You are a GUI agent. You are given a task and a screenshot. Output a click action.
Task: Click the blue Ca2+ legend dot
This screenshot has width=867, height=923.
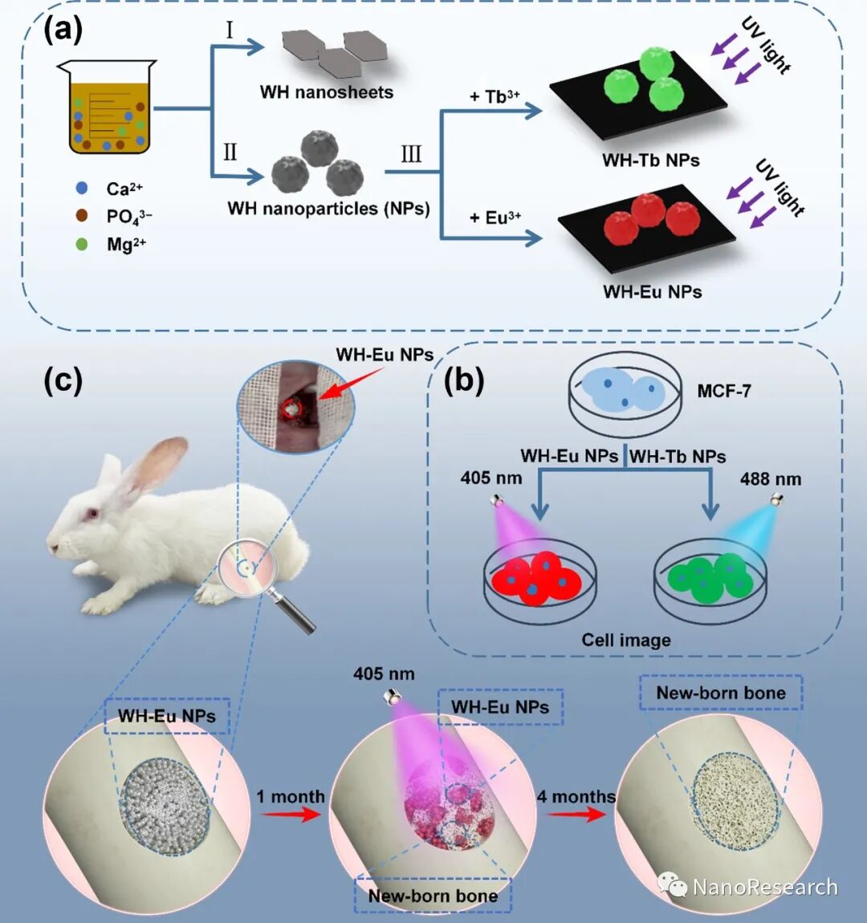[81, 189]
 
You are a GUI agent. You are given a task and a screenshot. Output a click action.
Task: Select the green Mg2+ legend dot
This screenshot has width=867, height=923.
[81, 244]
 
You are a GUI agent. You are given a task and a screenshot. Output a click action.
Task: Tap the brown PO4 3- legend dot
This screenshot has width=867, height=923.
[81, 216]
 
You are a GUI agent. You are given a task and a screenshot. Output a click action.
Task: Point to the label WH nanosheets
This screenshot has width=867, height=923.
[327, 92]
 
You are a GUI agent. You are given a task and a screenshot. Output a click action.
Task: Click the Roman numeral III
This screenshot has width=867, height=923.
[411, 153]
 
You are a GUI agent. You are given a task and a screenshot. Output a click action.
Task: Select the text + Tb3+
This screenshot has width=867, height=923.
[495, 96]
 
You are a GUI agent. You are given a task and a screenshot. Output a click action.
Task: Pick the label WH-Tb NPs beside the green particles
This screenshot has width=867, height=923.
[651, 161]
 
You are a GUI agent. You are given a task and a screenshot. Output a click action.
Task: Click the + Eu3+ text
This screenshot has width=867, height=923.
[495, 218]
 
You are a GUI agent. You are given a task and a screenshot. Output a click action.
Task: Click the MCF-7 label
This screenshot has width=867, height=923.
[724, 392]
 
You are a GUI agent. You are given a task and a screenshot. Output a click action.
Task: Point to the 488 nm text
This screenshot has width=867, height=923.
[771, 479]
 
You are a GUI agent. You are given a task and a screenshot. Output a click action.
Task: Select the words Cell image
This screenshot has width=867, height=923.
[626, 640]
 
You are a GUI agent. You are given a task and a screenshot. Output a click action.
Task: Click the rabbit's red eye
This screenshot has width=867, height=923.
[93, 513]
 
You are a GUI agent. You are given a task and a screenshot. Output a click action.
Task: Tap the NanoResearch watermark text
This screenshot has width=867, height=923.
[764, 887]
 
